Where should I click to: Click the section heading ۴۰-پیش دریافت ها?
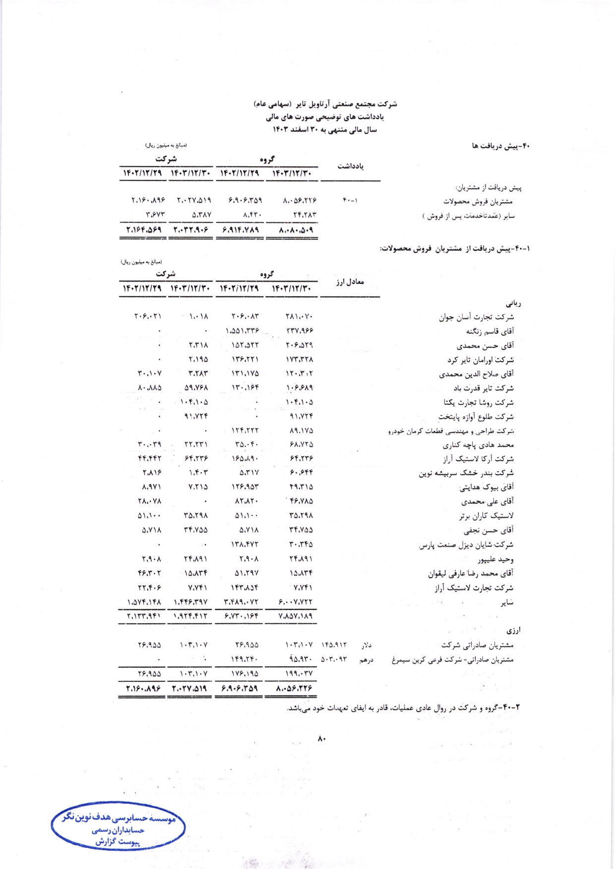tap(501, 146)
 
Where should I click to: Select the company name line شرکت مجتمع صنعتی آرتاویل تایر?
tap(325, 104)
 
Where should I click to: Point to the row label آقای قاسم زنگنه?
tap(490, 331)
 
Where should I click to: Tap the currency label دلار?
tap(366, 645)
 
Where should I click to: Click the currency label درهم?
tap(366, 659)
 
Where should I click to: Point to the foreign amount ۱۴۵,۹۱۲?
tap(334, 645)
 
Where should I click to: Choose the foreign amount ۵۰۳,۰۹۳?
tap(334, 659)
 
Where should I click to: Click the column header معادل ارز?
tap(350, 282)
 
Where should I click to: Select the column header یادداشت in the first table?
tap(350, 166)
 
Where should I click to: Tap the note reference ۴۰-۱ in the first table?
tap(350, 201)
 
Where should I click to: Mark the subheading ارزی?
tap(513, 631)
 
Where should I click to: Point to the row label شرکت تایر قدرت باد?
tap(483, 388)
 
